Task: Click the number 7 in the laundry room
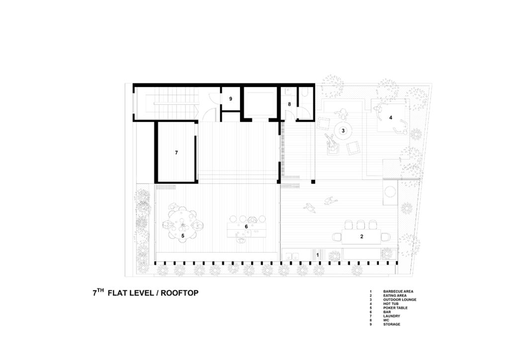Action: pyautogui.click(x=176, y=153)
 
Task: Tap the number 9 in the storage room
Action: pyautogui.click(x=231, y=98)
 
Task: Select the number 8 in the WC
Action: pyautogui.click(x=289, y=104)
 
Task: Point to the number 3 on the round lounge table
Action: pyautogui.click(x=343, y=130)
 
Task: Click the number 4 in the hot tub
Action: pyautogui.click(x=391, y=117)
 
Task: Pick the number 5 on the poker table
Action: pyautogui.click(x=183, y=236)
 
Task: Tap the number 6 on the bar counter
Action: pyautogui.click(x=246, y=226)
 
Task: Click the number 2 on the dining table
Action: pyautogui.click(x=362, y=237)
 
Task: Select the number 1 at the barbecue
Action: pyautogui.click(x=318, y=255)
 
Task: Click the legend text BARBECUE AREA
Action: pyautogui.click(x=398, y=291)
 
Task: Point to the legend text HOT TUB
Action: pyautogui.click(x=391, y=304)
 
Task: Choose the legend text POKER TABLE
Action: pyautogui.click(x=395, y=308)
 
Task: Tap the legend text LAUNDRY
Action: pyautogui.click(x=392, y=316)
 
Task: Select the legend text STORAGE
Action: pyautogui.click(x=392, y=324)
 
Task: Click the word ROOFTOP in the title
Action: pyautogui.click(x=179, y=293)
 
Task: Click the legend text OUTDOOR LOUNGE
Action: pyautogui.click(x=400, y=300)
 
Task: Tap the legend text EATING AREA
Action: pyautogui.click(x=395, y=296)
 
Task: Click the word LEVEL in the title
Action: pyautogui.click(x=142, y=293)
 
